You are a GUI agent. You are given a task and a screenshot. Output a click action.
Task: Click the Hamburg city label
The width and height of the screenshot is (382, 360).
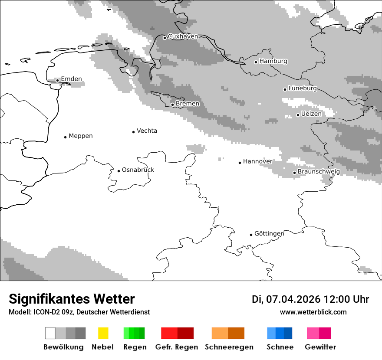coord(273,61)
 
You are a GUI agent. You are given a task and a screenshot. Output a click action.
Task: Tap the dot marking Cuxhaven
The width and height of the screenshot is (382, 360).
coord(165,38)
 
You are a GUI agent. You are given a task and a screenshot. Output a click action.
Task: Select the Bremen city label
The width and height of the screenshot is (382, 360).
coord(188,104)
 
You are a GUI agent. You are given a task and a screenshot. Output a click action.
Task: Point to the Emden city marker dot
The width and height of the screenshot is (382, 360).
coord(57,80)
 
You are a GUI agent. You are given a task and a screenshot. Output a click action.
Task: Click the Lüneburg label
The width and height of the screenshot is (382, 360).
coord(302,88)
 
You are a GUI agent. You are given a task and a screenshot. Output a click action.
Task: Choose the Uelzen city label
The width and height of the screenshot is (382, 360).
coord(311,114)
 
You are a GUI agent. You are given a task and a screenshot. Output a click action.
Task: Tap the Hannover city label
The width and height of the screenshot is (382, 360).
coord(257,161)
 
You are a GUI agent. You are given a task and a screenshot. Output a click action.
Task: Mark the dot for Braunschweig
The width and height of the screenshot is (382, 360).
coord(294,173)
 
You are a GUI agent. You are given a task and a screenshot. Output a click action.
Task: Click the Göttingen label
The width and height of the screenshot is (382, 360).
coord(269,234)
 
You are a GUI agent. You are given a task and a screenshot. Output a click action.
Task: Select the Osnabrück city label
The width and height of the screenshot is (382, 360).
coord(138,170)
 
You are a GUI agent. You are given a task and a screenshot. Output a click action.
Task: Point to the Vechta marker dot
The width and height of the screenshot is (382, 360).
coord(133,132)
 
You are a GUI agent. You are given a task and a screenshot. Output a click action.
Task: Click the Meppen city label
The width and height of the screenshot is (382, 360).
coord(80,136)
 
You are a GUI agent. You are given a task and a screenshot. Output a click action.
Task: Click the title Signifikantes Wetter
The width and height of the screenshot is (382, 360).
coord(72,299)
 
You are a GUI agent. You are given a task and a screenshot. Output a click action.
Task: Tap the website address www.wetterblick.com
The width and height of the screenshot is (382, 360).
coord(313,312)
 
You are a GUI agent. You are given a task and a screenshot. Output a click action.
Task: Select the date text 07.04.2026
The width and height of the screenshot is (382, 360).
coord(293,299)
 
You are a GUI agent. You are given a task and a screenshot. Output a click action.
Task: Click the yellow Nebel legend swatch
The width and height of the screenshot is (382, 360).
coord(103,333)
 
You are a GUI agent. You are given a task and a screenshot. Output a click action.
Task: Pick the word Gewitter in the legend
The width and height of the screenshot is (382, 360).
coord(320,347)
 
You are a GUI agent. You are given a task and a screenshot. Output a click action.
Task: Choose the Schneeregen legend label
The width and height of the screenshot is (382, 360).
coord(229,347)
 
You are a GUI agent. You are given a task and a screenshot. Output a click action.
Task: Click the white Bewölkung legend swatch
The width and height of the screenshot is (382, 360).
coord(50,333)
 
